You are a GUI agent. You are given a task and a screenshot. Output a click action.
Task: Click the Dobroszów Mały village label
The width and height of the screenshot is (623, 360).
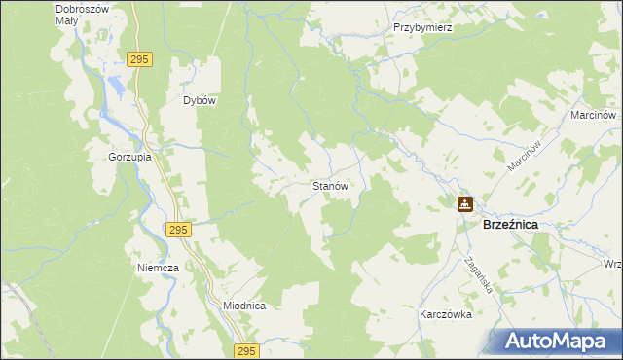(82, 14)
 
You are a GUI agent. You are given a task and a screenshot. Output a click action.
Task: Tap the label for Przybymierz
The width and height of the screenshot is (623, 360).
(423, 27)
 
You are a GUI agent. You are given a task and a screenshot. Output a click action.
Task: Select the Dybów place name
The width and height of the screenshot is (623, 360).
(200, 100)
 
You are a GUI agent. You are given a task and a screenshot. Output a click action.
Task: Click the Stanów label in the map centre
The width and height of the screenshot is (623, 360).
(330, 185)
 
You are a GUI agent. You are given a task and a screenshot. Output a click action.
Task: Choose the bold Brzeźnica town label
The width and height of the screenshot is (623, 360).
(511, 224)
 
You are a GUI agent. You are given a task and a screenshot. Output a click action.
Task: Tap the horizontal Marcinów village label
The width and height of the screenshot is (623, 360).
(594, 116)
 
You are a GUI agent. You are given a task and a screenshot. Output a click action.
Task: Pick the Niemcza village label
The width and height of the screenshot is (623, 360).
(158, 268)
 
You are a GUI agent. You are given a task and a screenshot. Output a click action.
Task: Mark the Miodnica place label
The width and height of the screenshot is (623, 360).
(244, 306)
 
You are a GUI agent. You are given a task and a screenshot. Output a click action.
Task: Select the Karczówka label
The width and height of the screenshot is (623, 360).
(445, 315)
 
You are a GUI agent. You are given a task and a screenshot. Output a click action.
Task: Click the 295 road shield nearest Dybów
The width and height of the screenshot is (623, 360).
(140, 59)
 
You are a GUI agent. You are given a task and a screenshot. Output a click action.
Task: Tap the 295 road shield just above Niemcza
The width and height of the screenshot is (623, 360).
(177, 230)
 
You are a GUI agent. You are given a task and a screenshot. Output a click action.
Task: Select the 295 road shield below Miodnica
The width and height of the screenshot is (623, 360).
(246, 351)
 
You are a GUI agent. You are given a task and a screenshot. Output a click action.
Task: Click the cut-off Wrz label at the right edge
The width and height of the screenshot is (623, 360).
(612, 265)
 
